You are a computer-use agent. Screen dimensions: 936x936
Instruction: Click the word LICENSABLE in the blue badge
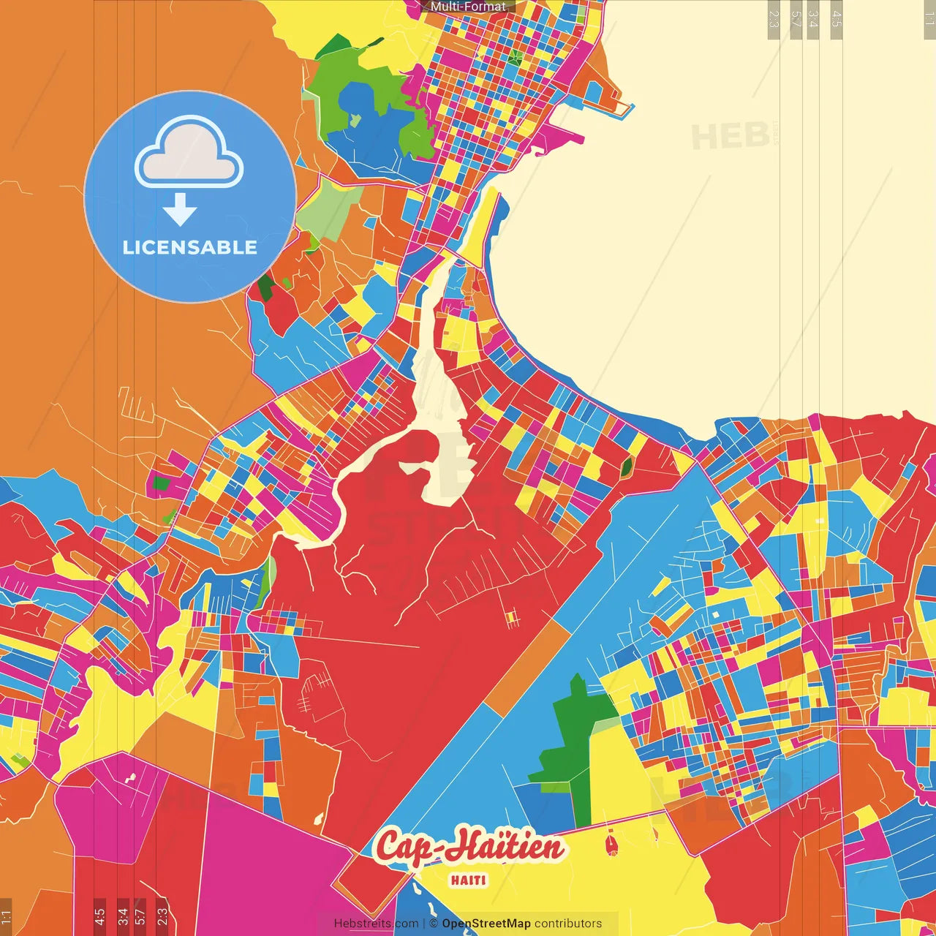[x=189, y=247]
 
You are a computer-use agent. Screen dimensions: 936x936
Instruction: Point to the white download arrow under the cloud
[x=180, y=211]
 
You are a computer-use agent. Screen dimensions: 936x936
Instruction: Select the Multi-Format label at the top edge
[x=468, y=7]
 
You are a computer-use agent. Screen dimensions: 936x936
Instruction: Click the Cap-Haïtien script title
[x=469, y=847]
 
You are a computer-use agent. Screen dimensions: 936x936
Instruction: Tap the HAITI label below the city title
[x=469, y=880]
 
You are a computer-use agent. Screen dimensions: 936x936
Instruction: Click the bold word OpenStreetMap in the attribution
[x=486, y=924]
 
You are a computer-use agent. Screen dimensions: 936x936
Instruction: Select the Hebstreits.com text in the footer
[x=376, y=924]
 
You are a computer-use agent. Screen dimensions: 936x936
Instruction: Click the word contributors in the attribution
[x=568, y=924]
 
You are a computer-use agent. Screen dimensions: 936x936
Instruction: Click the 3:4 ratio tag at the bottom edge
[x=123, y=916]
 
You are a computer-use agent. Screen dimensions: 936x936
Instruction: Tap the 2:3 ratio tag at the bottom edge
[x=162, y=916]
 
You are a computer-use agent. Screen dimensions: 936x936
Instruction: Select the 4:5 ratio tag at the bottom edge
[x=99, y=916]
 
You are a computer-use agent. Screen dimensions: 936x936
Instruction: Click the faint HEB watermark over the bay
[x=731, y=136]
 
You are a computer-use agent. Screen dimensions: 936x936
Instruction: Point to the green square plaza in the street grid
[x=516, y=56]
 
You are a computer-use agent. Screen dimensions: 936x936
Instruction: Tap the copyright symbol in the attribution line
[x=434, y=924]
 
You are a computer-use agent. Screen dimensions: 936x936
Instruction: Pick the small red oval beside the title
[x=611, y=846]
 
